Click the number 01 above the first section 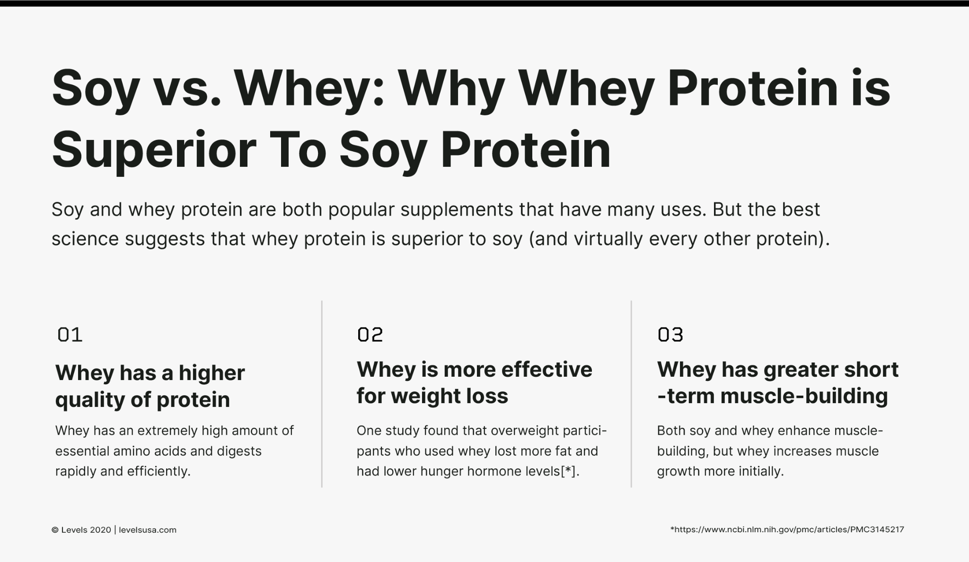point(70,335)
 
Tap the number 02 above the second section point(370,335)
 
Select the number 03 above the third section point(670,335)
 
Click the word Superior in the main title point(154,150)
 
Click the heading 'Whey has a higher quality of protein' point(150,386)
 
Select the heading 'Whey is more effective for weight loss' point(474,382)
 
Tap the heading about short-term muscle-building point(777,382)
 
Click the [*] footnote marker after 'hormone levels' point(568,471)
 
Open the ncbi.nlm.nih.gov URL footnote point(787,529)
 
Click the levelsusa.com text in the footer point(148,530)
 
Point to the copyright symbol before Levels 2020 point(55,530)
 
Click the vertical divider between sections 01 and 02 point(322,394)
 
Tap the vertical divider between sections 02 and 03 point(631,394)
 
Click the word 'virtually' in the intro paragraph point(608,239)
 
